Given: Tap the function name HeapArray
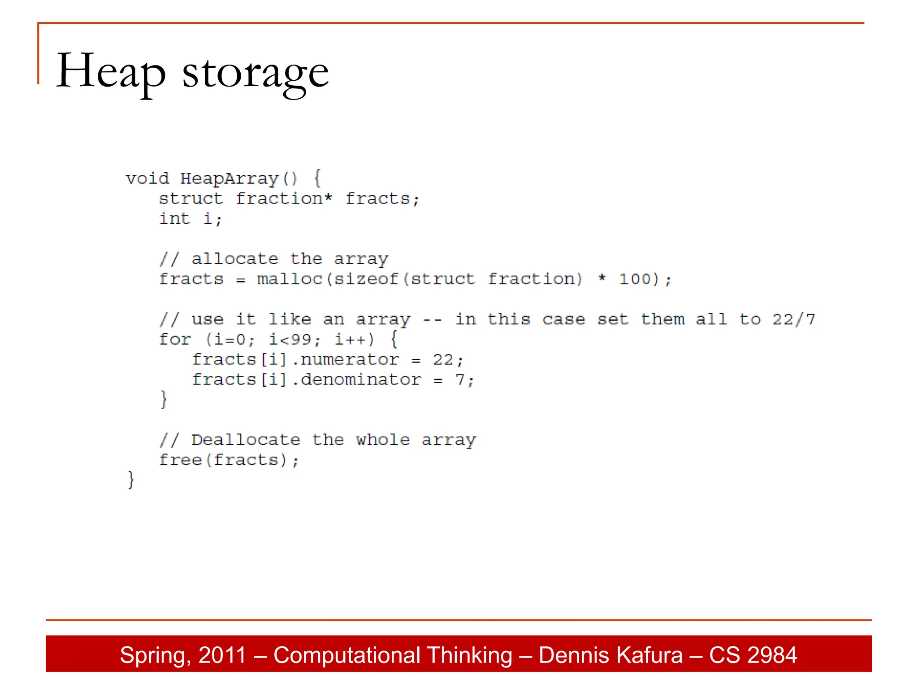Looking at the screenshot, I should pos(229,179).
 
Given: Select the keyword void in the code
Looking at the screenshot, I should pos(147,179).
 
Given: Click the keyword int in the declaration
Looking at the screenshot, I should pos(175,219).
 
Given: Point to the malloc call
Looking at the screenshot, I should pos(290,279).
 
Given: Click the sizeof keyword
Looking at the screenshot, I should pos(366,279).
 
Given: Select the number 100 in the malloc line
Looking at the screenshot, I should pos(635,279).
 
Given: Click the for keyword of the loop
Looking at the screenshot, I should pos(175,340).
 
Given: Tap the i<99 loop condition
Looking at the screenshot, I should pos(290,340).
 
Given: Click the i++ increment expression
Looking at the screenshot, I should pos(351,340).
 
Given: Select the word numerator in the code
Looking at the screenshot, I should pos(349,360).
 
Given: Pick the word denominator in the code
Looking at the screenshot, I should pos(360,380).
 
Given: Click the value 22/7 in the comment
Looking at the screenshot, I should pos(793,319).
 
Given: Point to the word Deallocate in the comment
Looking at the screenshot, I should pos(246,440).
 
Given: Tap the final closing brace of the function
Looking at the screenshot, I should pos(130,480).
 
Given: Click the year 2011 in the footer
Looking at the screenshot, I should pos(222,655).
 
